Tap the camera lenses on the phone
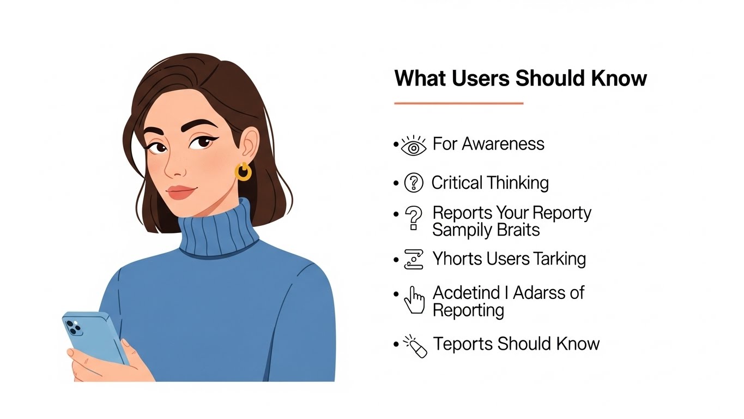click(x=74, y=327)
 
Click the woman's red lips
click(x=182, y=193)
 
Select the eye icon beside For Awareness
click(x=414, y=146)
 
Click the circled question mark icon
click(x=414, y=183)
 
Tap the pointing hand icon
click(x=414, y=300)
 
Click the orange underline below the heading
click(x=459, y=104)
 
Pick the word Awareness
click(x=503, y=144)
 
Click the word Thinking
click(x=518, y=183)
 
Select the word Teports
click(x=463, y=344)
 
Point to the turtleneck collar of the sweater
click(x=219, y=230)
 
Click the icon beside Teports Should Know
click(x=415, y=346)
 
